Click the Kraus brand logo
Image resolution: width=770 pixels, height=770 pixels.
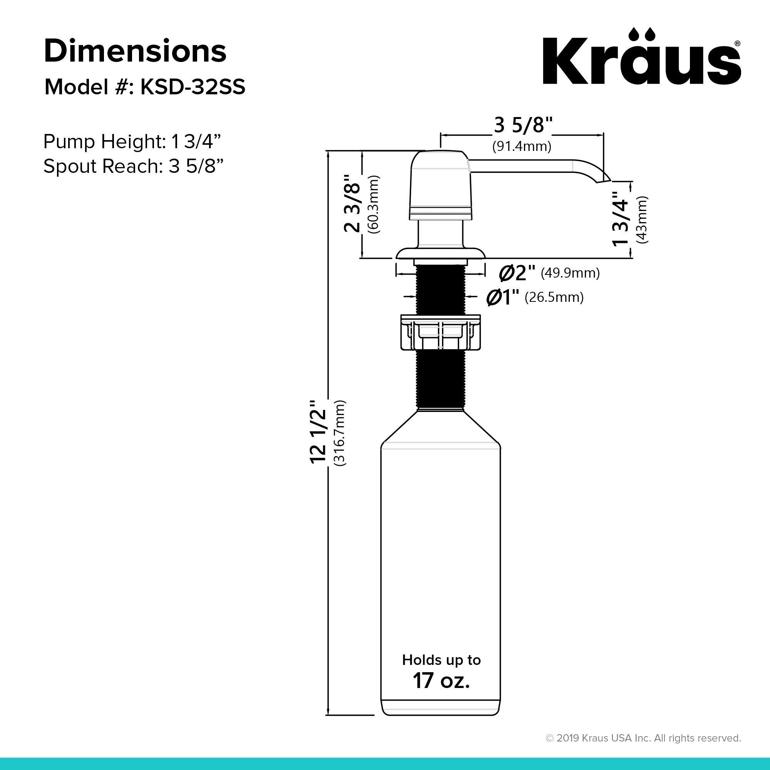(641, 58)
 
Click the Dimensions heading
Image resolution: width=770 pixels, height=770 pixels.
(135, 52)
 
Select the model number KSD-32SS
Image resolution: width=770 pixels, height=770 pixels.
(192, 87)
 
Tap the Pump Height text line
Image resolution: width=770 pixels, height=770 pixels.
(132, 141)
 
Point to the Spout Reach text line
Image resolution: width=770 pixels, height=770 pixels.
(133, 166)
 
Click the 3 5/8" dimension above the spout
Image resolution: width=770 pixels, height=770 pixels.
(523, 125)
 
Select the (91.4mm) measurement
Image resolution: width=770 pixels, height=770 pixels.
(522, 146)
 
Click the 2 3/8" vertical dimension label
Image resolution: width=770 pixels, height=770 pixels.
(352, 203)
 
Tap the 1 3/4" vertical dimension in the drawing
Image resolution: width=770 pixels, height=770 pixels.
(620, 218)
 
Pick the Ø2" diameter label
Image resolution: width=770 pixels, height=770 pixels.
(517, 273)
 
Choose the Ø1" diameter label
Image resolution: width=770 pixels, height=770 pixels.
(502, 297)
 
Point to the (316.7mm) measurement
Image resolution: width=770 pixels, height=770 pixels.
(340, 433)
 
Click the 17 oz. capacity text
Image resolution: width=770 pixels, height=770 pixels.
(441, 680)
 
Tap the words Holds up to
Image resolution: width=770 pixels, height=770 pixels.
(441, 660)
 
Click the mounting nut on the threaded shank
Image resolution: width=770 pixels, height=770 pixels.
(440, 332)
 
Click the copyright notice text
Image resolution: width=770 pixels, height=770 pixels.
(643, 738)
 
